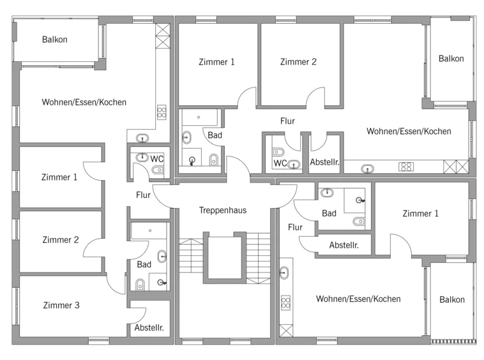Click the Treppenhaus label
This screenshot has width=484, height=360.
tap(223, 211)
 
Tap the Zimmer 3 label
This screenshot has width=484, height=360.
tap(61, 305)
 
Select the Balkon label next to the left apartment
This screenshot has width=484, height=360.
tap(55, 40)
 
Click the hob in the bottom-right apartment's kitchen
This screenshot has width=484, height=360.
tap(285, 303)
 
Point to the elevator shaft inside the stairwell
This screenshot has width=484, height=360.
tap(225, 258)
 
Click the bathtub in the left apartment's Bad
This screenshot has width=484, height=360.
tap(149, 231)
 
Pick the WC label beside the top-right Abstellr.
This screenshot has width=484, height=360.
tap(280, 163)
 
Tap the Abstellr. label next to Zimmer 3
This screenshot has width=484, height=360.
tap(149, 327)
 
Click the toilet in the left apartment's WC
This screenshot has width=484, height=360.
tap(158, 169)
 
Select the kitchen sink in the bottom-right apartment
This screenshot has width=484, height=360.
tap(284, 273)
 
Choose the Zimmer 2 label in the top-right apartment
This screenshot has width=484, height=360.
tap(298, 62)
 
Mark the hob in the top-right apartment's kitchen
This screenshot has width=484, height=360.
tap(406, 167)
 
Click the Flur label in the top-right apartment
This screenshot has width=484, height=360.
tap(287, 121)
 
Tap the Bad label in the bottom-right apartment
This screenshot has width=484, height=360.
tap(329, 213)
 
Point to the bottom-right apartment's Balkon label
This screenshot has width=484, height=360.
tap(452, 299)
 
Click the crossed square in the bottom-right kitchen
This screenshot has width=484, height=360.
tap(286, 331)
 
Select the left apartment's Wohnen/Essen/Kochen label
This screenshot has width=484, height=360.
tap(84, 102)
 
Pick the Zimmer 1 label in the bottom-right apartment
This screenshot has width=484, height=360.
tap(420, 213)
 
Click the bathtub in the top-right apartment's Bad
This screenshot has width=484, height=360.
tap(200, 117)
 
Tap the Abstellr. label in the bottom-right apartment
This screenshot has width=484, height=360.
tap(344, 245)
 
